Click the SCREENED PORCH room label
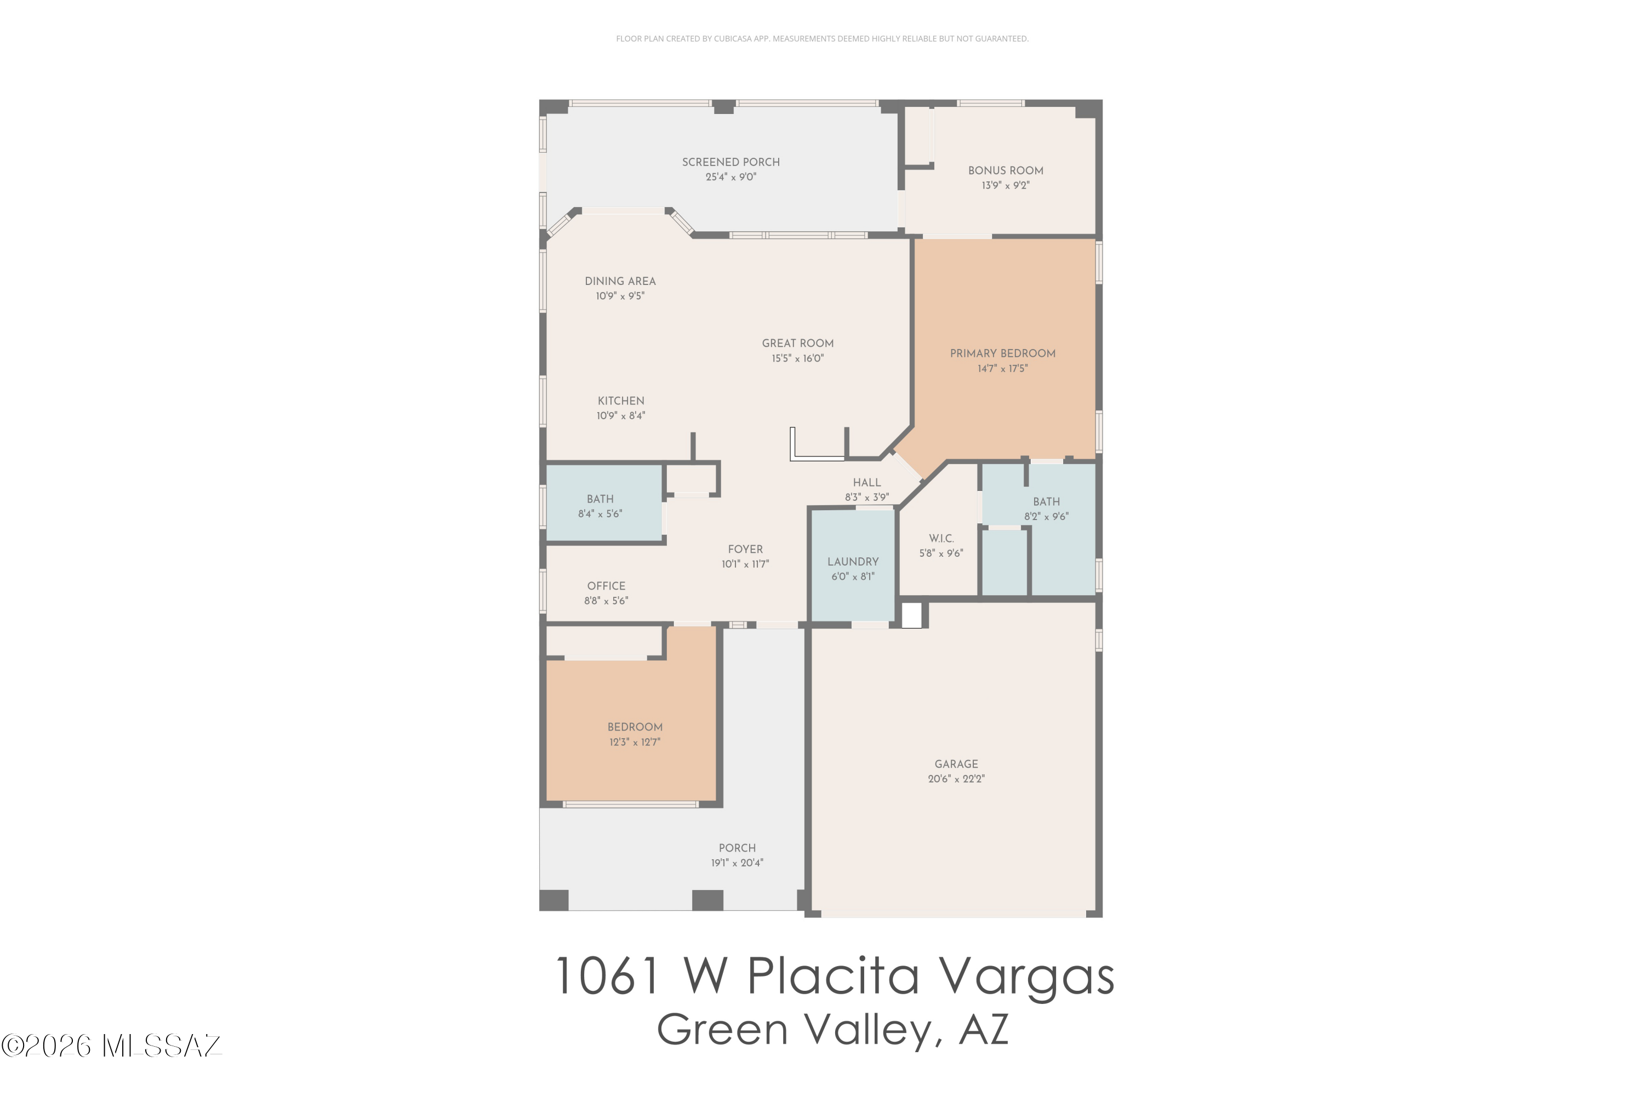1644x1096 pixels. pyautogui.click(x=730, y=162)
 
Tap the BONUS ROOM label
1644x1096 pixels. pyautogui.click(x=1005, y=170)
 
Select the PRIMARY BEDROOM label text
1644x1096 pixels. pyautogui.click(x=1002, y=353)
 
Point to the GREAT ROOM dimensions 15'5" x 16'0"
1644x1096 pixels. pyautogui.click(x=797, y=358)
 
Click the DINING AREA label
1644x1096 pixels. pyautogui.click(x=620, y=281)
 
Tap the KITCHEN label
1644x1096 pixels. pyautogui.click(x=621, y=401)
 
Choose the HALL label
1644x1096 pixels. pyautogui.click(x=867, y=482)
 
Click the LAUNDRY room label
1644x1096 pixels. pyautogui.click(x=853, y=562)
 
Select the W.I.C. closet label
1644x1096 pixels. pyautogui.click(x=941, y=538)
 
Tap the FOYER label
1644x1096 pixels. pyautogui.click(x=745, y=550)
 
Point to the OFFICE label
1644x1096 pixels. pyautogui.click(x=606, y=586)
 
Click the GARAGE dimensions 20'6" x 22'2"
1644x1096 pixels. pyautogui.click(x=956, y=779)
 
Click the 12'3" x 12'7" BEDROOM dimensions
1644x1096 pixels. pyautogui.click(x=635, y=743)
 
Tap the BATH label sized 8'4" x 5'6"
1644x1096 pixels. pyautogui.click(x=600, y=499)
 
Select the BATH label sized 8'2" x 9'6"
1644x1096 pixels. pyautogui.click(x=1046, y=502)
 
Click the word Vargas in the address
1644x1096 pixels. pyautogui.click(x=1025, y=977)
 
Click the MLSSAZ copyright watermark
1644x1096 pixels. pyautogui.click(x=111, y=1046)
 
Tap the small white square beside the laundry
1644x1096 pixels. pyautogui.click(x=911, y=615)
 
